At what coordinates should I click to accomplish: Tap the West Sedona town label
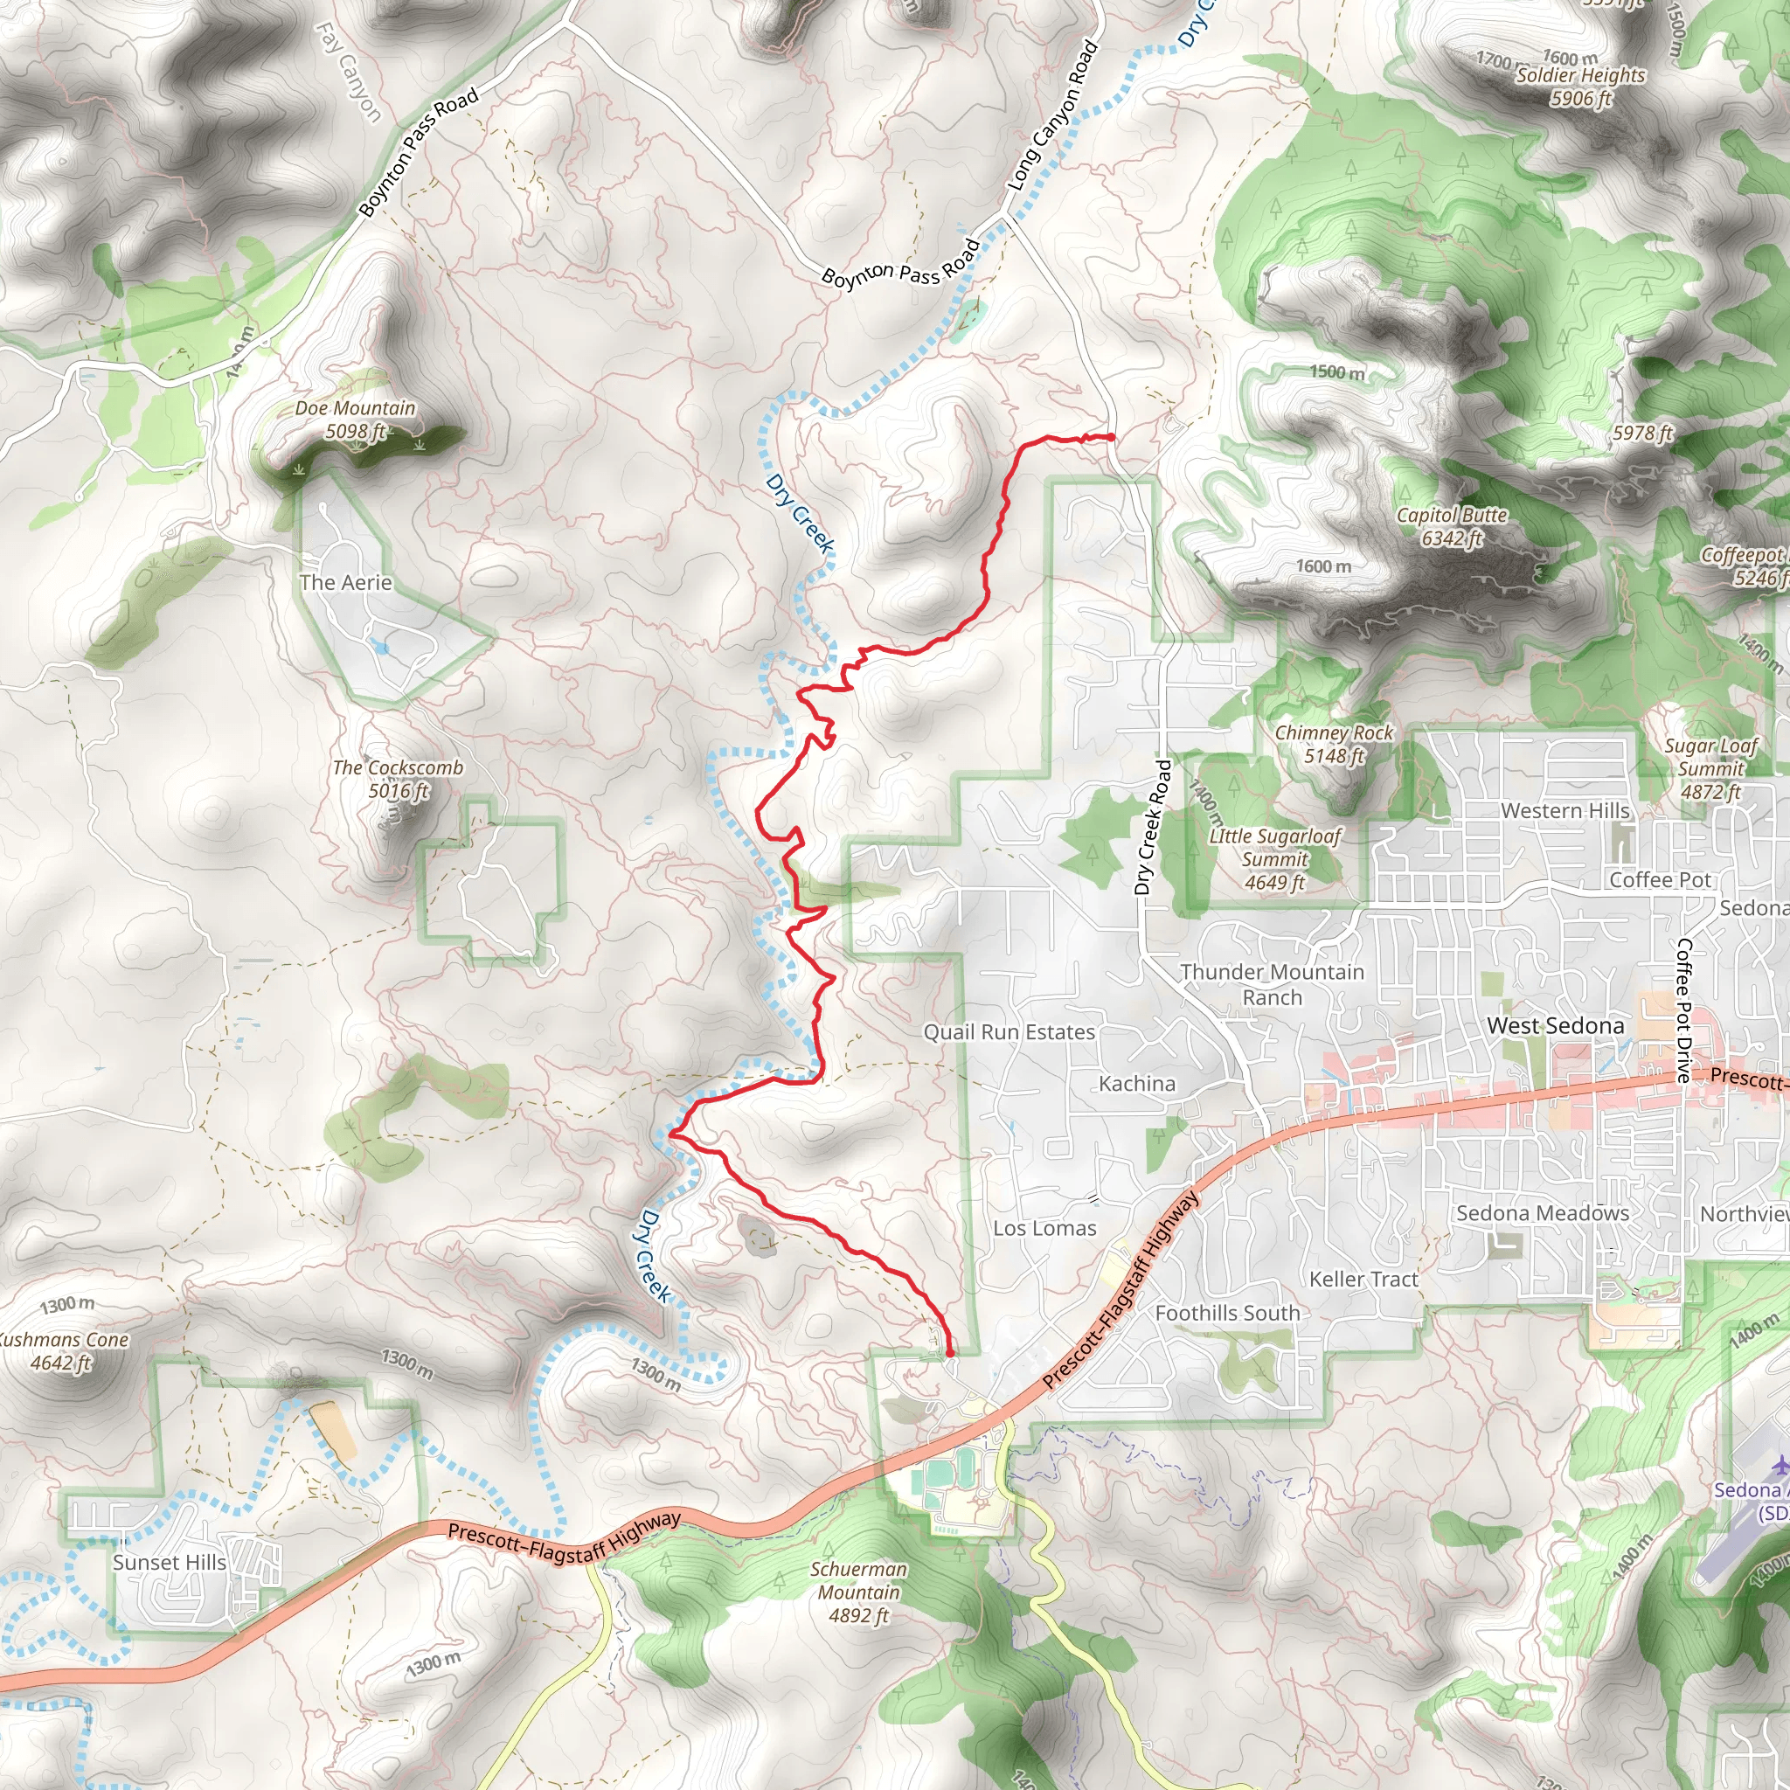click(x=1556, y=1025)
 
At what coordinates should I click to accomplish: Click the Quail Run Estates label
click(x=1009, y=1032)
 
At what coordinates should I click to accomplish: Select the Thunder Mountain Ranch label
click(x=1272, y=984)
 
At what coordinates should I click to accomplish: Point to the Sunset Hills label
click(x=170, y=1562)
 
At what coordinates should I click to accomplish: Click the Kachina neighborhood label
click(x=1137, y=1083)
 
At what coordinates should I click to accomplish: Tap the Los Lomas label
click(x=1044, y=1229)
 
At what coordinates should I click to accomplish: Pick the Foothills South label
click(x=1228, y=1313)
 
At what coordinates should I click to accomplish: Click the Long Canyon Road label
click(x=1052, y=117)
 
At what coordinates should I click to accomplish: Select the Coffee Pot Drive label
click(x=1683, y=1009)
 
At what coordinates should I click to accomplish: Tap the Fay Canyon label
click(x=349, y=73)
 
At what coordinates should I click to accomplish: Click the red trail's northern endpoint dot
click(x=1110, y=436)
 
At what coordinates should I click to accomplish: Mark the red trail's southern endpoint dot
click(x=950, y=1354)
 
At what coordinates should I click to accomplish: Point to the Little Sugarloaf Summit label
click(x=1275, y=859)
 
